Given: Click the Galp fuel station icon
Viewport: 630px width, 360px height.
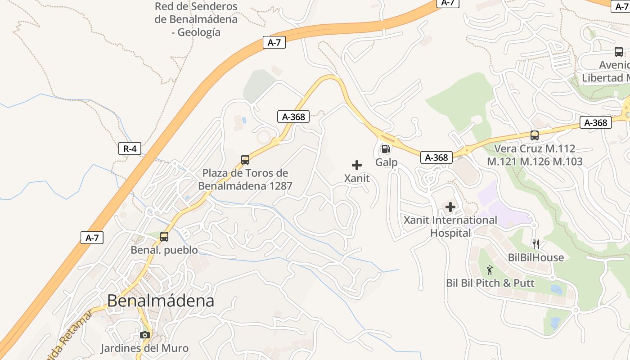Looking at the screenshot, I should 386,149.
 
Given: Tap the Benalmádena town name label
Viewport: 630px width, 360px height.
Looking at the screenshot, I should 161,301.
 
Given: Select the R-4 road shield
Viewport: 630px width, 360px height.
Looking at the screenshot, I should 130,148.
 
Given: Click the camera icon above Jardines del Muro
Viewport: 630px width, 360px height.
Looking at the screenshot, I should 144,335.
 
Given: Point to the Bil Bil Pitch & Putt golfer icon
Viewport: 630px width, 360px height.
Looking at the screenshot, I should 490,270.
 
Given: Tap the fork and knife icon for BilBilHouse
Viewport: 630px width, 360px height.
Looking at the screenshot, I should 535,244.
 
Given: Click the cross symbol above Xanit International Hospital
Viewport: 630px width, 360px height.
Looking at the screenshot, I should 450,207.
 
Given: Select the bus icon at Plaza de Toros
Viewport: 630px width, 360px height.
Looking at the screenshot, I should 245,159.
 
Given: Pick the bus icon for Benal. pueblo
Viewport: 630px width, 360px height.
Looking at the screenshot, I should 164,236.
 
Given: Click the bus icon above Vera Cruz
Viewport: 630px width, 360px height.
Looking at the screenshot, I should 535,135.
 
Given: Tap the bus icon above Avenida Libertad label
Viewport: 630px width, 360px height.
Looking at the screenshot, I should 619,52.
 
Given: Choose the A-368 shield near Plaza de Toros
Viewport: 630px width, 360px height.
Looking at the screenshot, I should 293,117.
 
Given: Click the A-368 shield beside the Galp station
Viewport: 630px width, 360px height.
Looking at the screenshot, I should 436,157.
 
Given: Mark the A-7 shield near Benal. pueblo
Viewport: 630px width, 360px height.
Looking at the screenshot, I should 92,238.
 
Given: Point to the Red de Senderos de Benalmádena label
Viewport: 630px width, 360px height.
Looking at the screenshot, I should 196,19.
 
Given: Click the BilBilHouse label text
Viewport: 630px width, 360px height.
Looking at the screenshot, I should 535,257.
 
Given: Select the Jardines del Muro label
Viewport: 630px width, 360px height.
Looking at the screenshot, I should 144,348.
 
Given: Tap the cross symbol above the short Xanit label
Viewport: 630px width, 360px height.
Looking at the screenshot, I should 357,165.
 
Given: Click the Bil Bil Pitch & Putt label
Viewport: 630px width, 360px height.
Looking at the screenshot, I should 490,283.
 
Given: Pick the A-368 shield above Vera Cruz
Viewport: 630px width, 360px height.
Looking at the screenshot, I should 596,122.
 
